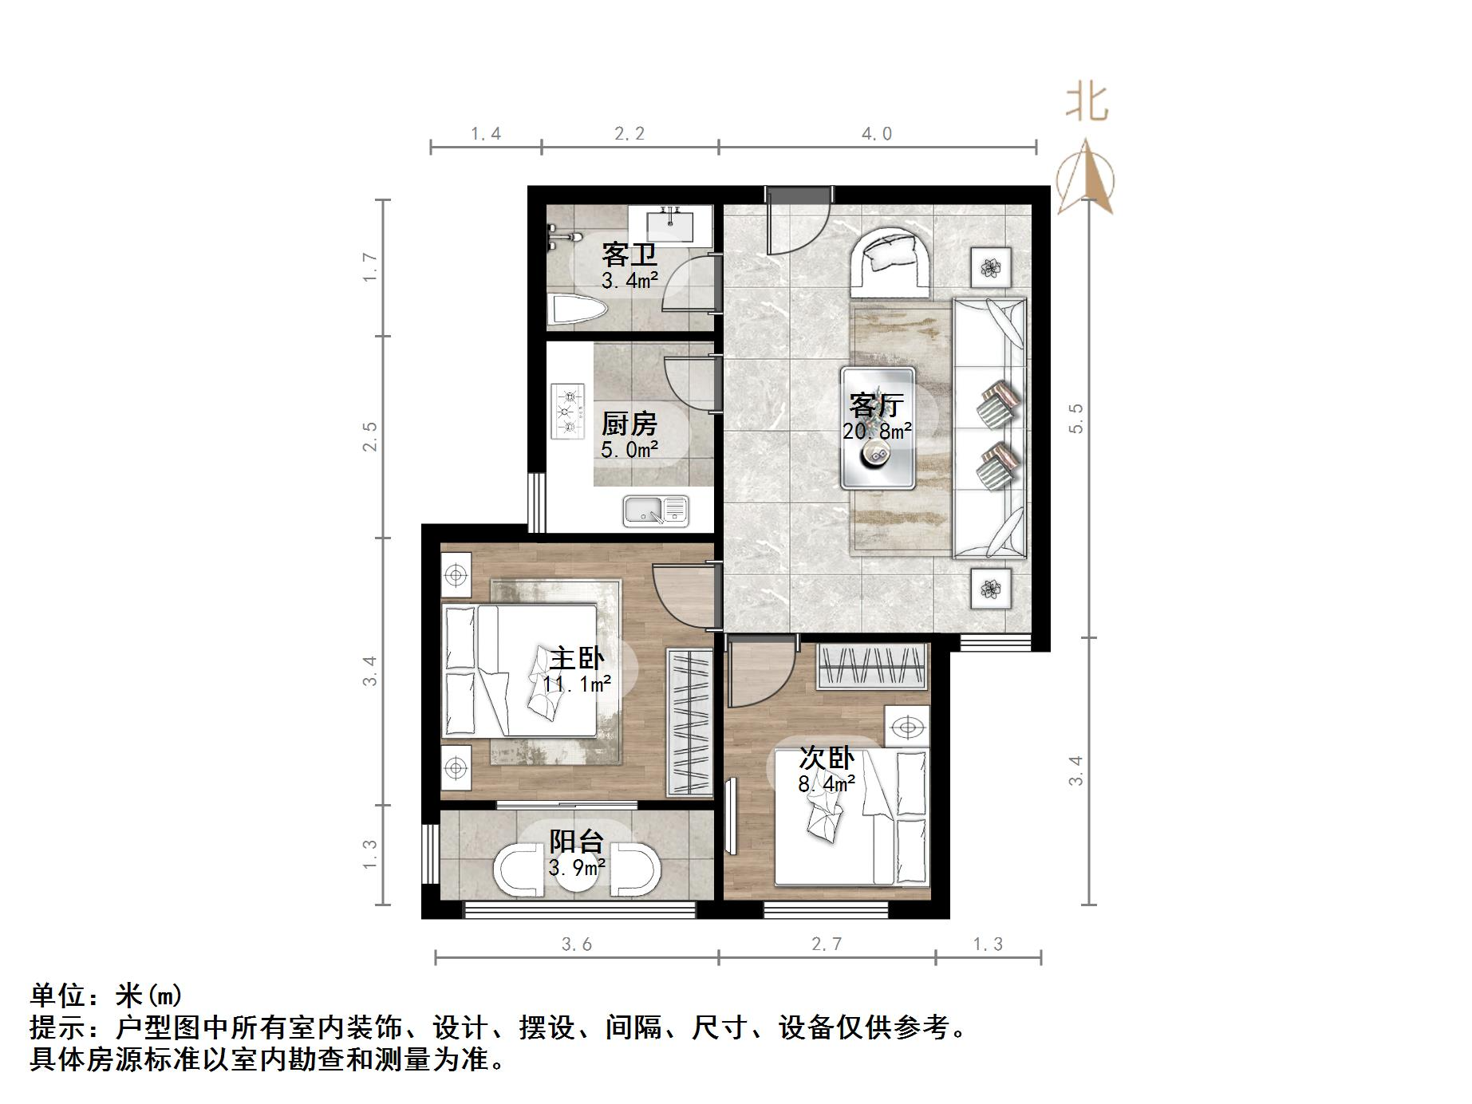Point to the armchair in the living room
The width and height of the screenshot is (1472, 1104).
(891, 262)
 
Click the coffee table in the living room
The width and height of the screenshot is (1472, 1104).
(878, 428)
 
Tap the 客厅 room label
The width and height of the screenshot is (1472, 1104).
(876, 405)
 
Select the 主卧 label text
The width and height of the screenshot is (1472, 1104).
(577, 659)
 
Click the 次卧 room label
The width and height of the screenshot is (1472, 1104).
(827, 758)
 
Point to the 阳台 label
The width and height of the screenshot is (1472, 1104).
(576, 842)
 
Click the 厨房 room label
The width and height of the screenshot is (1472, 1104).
(629, 424)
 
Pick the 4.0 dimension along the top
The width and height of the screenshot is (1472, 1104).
(876, 134)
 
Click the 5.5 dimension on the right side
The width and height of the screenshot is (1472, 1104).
(1076, 418)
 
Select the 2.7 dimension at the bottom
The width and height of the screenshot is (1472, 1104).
(827, 944)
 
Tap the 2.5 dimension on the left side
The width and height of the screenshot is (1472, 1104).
(369, 436)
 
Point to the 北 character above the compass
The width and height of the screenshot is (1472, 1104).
(1087, 104)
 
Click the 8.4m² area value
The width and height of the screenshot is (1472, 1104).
(827, 783)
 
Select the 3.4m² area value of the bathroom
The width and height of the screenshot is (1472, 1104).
(629, 281)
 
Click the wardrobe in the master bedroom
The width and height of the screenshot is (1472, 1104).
(689, 721)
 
